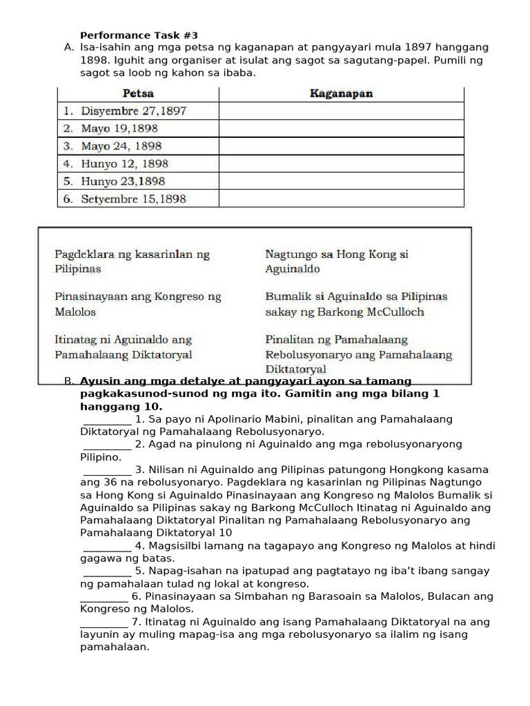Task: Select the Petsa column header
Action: coord(138,93)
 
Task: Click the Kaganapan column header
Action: coord(341,93)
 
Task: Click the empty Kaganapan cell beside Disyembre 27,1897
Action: coord(341,111)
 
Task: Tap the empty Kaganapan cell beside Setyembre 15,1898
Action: coord(341,199)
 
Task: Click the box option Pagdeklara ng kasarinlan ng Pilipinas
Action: coord(132,261)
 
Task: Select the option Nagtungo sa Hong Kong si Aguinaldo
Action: coord(336,261)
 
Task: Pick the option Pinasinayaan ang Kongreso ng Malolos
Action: coord(138,304)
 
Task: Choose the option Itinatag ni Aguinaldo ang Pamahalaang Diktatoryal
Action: coord(124,347)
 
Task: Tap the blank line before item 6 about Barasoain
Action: coord(104,597)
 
